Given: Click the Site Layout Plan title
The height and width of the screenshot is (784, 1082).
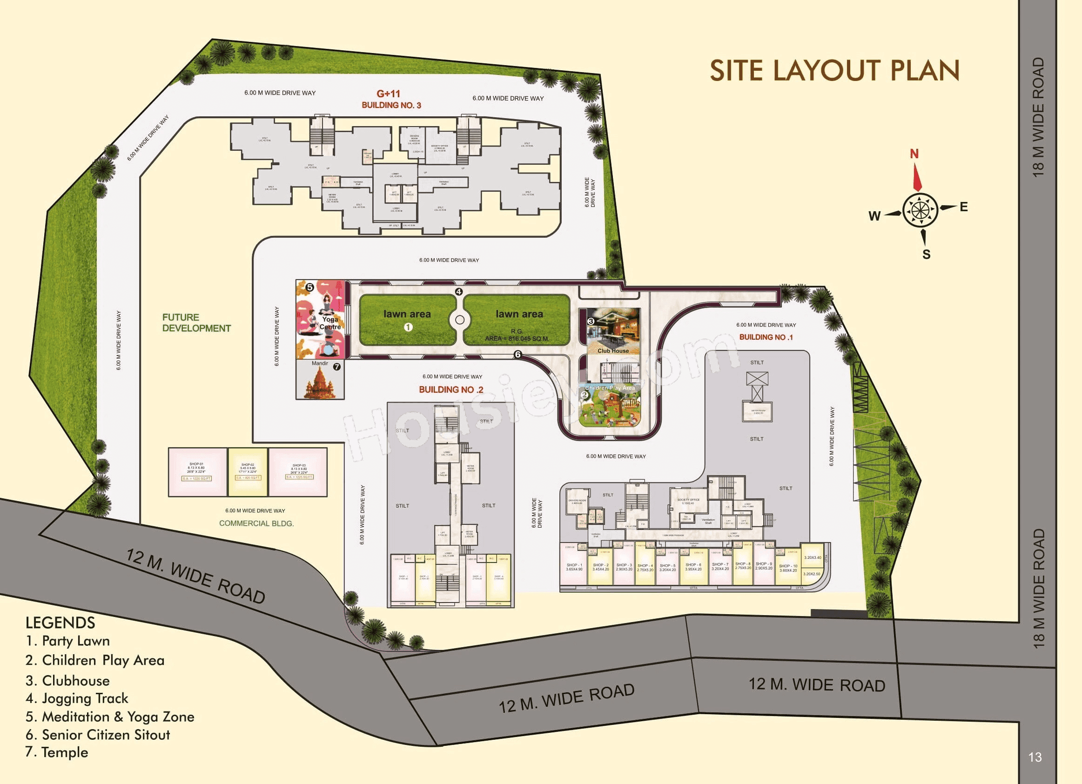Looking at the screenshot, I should [834, 71].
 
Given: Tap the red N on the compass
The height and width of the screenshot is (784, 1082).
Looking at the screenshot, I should [914, 154].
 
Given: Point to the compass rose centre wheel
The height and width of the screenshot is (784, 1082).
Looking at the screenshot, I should [920, 210].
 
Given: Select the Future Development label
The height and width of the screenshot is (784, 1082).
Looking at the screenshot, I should [196, 323].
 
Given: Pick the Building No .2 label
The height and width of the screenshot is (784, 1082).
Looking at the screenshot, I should [451, 389].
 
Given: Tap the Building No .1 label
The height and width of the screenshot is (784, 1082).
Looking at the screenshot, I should [766, 337].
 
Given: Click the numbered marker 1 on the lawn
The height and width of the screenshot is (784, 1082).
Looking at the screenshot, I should [408, 327].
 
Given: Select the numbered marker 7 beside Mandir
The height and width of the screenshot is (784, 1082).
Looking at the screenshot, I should [337, 367].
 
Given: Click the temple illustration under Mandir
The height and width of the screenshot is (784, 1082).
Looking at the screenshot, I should [320, 384].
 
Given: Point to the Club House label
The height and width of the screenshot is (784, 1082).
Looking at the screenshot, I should [613, 351].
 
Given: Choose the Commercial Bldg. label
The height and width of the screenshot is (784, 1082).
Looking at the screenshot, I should [256, 523].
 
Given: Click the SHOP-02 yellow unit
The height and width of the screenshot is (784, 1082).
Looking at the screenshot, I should [248, 472].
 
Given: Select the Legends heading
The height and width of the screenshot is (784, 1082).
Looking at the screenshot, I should [60, 623].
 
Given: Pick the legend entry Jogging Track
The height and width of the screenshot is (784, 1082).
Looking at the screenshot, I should [77, 699].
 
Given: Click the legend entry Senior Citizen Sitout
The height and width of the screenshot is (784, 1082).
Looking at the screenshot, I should [98, 735].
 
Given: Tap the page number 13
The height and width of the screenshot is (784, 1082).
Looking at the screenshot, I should [1035, 757].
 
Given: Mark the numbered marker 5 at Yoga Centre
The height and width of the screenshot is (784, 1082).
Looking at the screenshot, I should [309, 288].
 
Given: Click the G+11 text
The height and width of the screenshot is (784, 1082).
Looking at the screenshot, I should [388, 94].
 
